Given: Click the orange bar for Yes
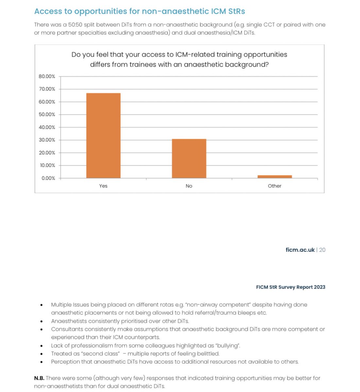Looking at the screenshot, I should pos(103,136).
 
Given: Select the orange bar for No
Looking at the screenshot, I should pos(189,158).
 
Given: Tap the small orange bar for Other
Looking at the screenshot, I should pos(275,177).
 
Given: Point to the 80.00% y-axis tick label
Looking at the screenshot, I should pos(47,76).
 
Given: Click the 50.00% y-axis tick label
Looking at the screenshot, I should pos(47,115).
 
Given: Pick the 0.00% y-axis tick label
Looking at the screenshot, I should pos(48,178).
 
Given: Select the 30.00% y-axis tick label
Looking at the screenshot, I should pos(47,140).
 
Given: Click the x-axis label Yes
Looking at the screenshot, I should pos(103,186).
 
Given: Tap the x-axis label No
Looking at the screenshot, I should pos(189,186).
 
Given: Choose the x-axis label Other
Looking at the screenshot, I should pos(275,186).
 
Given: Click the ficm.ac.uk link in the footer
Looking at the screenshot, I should pos(300,250).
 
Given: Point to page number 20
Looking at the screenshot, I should pos(322,250).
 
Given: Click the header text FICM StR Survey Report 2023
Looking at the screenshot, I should pos(290,287).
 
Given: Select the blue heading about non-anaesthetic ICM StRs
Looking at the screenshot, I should pos(140,11).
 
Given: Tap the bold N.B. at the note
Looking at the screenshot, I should pos(39,378).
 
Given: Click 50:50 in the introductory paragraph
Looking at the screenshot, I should pos(75,25).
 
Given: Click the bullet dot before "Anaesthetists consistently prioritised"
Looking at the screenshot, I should pos(42,321).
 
